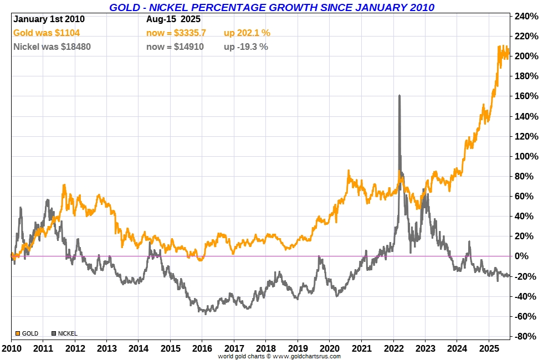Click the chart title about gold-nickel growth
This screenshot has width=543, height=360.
[271, 7]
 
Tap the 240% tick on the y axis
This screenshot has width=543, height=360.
[527, 17]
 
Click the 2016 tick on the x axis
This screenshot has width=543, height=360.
[202, 349]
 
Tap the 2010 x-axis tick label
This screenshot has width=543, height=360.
[11, 349]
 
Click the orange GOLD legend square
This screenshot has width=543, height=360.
[18, 333]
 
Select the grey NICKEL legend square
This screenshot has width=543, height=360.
[54, 333]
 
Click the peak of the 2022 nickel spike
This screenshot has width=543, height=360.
[399, 95]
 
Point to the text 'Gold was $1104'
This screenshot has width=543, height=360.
[47, 33]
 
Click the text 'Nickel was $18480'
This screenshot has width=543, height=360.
[52, 47]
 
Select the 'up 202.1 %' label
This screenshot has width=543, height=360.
[247, 33]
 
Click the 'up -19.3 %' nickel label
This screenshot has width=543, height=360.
[245, 47]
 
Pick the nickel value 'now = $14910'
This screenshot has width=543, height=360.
[175, 47]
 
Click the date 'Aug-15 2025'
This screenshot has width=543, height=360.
[173, 19]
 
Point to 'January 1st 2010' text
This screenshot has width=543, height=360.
[49, 19]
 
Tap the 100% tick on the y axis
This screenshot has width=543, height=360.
[527, 156]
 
